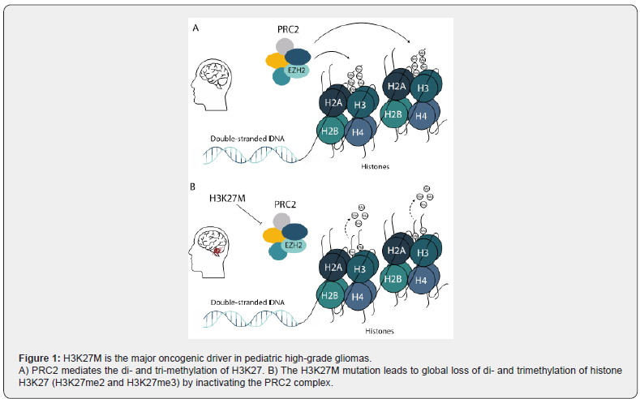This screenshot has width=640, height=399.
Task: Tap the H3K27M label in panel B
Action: tap(227, 198)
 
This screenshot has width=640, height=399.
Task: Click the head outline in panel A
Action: tap(213, 81)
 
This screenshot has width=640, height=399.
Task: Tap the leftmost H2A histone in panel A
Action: tap(333, 102)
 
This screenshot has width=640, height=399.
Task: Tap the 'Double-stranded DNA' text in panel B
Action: tap(241, 302)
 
